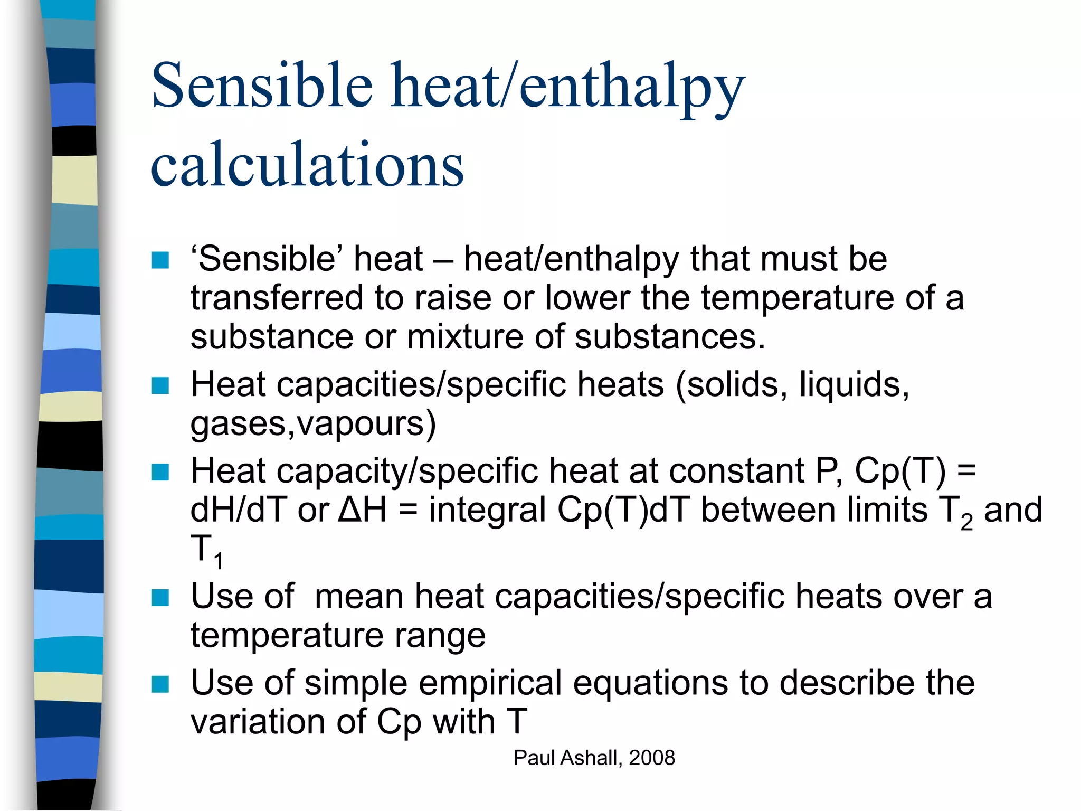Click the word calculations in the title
(x=307, y=165)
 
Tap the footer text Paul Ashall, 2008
(x=594, y=758)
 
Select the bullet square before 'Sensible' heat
(x=160, y=260)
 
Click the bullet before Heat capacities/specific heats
(x=160, y=385)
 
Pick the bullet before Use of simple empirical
(x=160, y=684)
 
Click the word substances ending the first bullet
(x=669, y=337)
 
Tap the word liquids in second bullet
(x=854, y=384)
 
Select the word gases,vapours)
(x=313, y=423)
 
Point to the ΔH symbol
(x=362, y=510)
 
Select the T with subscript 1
(x=206, y=550)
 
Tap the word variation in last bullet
(x=258, y=722)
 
